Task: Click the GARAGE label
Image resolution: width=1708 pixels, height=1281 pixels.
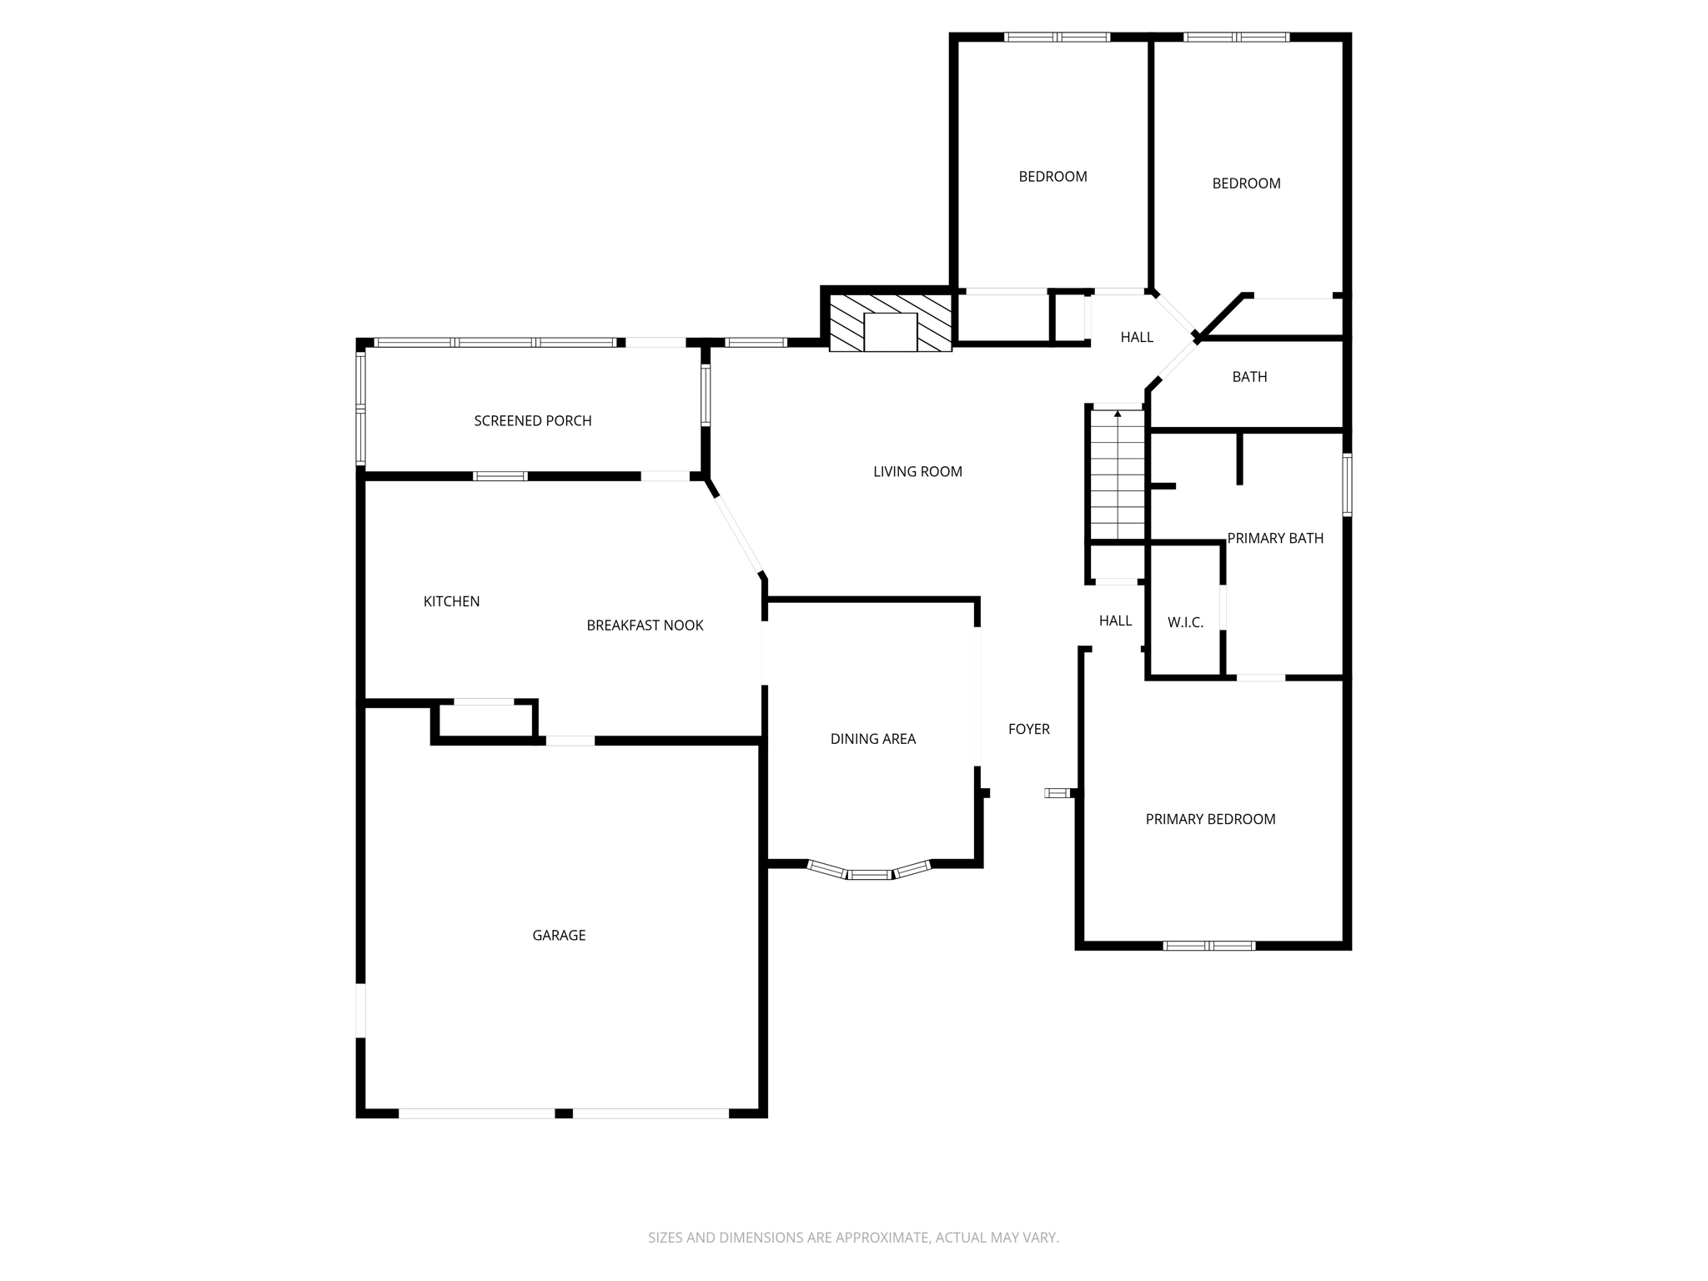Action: pos(559,935)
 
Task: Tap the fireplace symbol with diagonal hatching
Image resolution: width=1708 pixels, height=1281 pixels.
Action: pos(890,322)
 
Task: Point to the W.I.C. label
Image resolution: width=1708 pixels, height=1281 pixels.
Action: pos(1185,622)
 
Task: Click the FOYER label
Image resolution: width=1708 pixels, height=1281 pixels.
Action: pos(1028,729)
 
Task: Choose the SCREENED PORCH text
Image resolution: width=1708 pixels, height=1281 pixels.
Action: pos(533,421)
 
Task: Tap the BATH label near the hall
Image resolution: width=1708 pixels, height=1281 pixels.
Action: pos(1249,377)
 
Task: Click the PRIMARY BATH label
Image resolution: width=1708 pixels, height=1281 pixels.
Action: pos(1275,538)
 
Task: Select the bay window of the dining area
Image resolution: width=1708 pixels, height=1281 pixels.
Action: pos(869,872)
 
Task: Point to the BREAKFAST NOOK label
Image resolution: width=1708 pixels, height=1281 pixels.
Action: pos(645,625)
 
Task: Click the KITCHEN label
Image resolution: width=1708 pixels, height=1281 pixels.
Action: pos(451,601)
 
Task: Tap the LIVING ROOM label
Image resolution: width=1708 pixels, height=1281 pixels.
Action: pos(917,472)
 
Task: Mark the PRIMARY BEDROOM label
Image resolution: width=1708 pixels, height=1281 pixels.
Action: pos(1210,819)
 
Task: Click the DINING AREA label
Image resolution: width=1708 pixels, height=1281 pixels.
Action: pos(872,739)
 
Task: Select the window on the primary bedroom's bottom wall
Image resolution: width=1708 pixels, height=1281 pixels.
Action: pos(1209,946)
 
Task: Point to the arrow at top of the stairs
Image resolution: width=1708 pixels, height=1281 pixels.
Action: pos(1118,414)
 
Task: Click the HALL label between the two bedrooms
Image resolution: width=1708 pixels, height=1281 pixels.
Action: pos(1137,337)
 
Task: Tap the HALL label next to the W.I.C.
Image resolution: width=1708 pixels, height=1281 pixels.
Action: pos(1115,620)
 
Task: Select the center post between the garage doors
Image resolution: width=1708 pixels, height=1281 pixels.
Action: pos(564,1113)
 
